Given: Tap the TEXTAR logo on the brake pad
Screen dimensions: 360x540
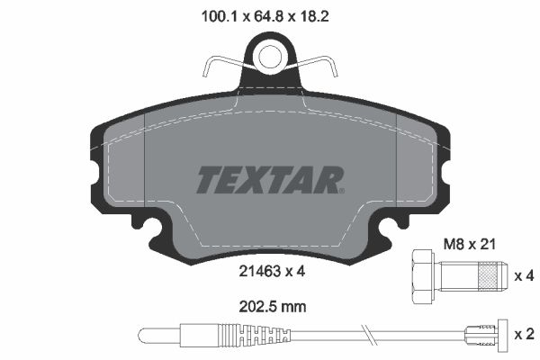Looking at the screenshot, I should [x=269, y=180].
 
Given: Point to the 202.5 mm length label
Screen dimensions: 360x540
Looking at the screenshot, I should [x=269, y=305].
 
